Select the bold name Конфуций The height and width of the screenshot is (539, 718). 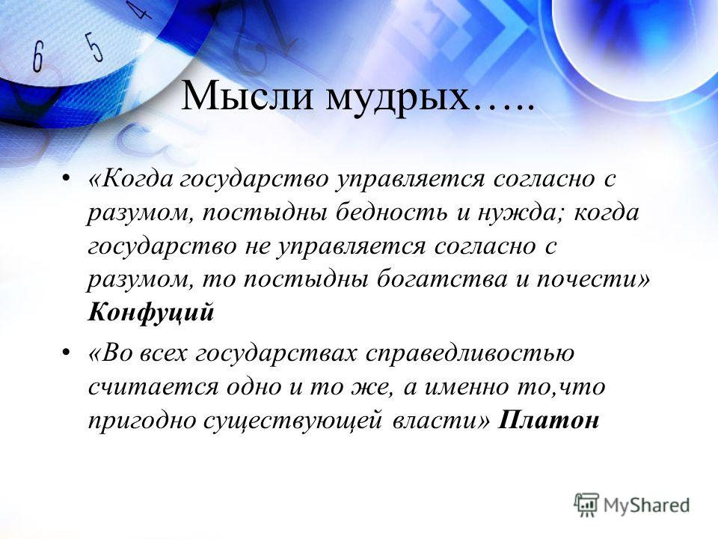tap(150, 314)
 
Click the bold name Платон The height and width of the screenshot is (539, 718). tap(548, 420)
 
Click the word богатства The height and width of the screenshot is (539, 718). tap(442, 279)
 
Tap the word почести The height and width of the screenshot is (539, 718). tap(587, 279)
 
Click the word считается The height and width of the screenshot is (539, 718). tap(153, 387)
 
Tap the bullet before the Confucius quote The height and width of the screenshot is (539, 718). tap(66, 178)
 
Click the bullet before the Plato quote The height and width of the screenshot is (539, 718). tap(66, 353)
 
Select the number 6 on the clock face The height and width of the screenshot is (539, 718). tap(37, 56)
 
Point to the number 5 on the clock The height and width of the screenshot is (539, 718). tap(95, 46)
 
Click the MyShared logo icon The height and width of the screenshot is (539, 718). tap(586, 505)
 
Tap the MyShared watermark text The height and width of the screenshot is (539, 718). tap(646, 505)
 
